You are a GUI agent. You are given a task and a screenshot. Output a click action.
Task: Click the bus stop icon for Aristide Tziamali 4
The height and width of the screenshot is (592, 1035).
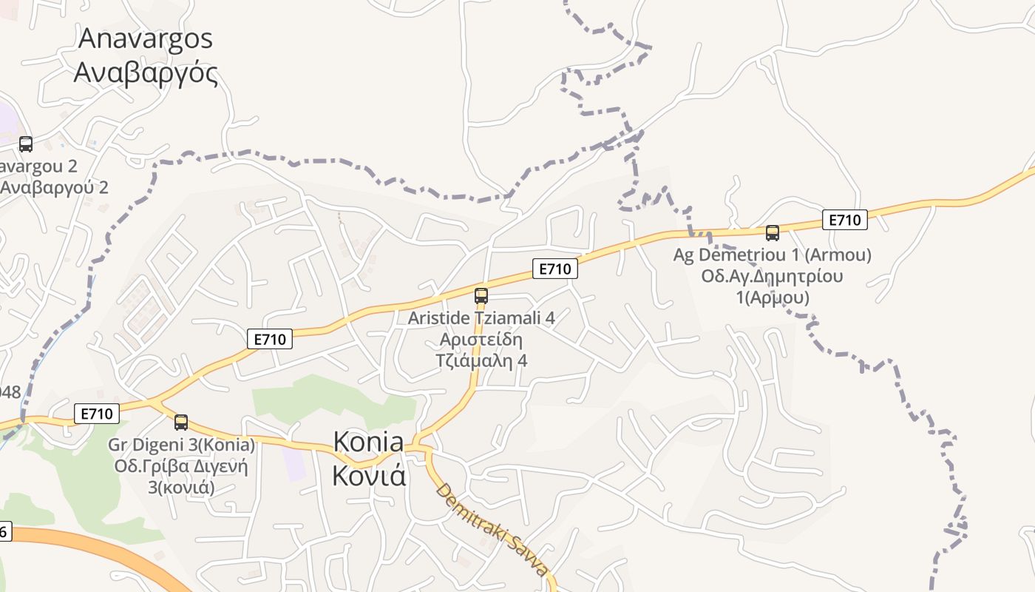click(481, 296)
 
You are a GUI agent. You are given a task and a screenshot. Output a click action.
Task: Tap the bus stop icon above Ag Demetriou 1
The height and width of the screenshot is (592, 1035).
click(773, 233)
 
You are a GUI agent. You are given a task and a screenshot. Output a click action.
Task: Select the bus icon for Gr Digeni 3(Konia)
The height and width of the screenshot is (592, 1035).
click(181, 423)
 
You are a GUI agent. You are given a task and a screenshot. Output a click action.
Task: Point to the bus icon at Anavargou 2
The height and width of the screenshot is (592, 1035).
click(26, 144)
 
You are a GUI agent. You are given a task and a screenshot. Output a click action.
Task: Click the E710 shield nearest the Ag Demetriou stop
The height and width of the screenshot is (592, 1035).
click(844, 220)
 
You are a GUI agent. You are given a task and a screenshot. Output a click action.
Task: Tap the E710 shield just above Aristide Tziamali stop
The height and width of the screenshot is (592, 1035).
click(554, 269)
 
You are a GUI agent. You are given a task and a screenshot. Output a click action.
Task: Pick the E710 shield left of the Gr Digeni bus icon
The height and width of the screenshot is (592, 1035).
click(97, 414)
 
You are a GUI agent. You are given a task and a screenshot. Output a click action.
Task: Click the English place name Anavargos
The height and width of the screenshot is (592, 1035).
click(146, 38)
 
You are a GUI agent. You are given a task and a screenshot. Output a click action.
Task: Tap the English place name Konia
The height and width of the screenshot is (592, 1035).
click(368, 443)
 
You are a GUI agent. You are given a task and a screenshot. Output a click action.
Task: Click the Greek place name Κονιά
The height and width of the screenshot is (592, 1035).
click(368, 476)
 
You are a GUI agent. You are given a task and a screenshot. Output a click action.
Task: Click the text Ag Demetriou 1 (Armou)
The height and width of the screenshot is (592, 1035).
click(772, 255)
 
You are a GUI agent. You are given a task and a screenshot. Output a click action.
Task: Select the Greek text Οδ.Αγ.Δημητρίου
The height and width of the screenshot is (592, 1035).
click(772, 277)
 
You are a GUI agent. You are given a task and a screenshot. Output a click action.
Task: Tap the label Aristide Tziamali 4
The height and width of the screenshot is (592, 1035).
click(481, 318)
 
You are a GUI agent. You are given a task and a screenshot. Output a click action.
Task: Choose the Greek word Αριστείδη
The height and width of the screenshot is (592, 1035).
click(481, 340)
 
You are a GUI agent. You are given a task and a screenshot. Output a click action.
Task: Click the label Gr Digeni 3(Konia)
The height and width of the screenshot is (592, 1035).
click(181, 445)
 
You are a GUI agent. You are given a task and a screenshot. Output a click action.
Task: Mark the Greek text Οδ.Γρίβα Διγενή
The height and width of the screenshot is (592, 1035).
click(181, 467)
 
